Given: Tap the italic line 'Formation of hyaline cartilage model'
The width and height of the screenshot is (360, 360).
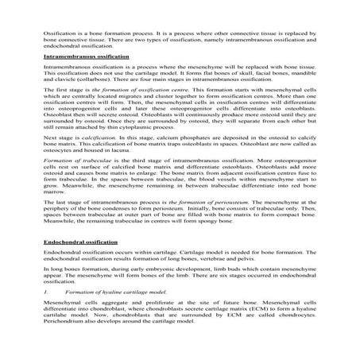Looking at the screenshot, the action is (113, 293).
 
